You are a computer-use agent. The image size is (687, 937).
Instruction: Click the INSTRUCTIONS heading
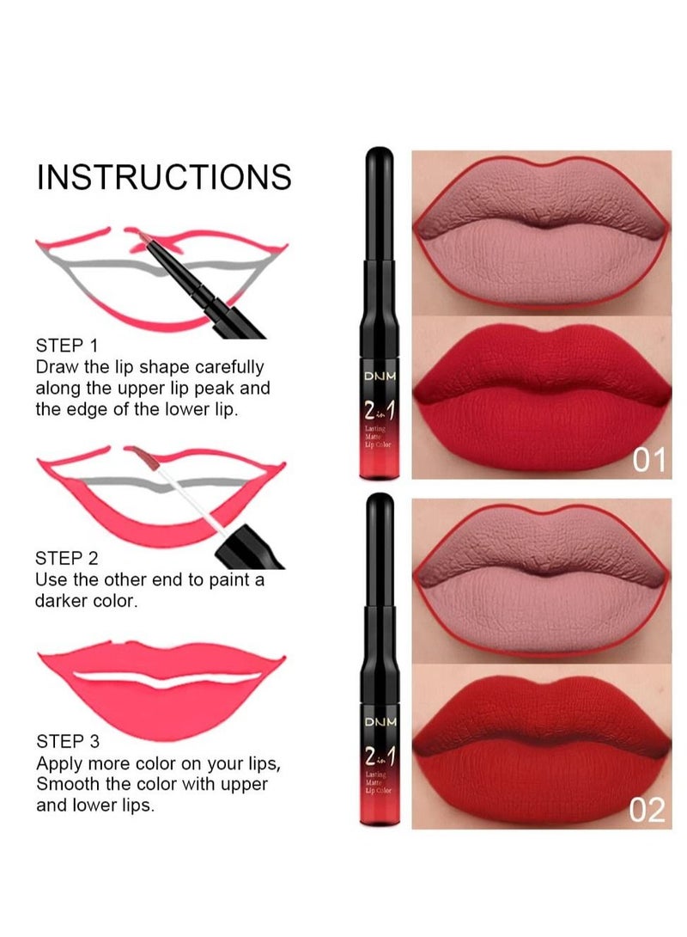point(163,177)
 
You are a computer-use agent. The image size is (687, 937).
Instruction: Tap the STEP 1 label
point(72,346)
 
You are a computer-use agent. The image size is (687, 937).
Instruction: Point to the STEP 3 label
point(73,741)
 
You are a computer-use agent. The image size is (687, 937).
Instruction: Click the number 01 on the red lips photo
point(650,462)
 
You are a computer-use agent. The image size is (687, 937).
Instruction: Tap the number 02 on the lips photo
point(648,810)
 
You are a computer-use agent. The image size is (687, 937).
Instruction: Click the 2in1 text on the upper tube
point(380,411)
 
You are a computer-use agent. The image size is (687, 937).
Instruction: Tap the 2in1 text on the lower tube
point(380,757)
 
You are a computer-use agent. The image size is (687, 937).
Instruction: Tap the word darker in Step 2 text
point(63,601)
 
